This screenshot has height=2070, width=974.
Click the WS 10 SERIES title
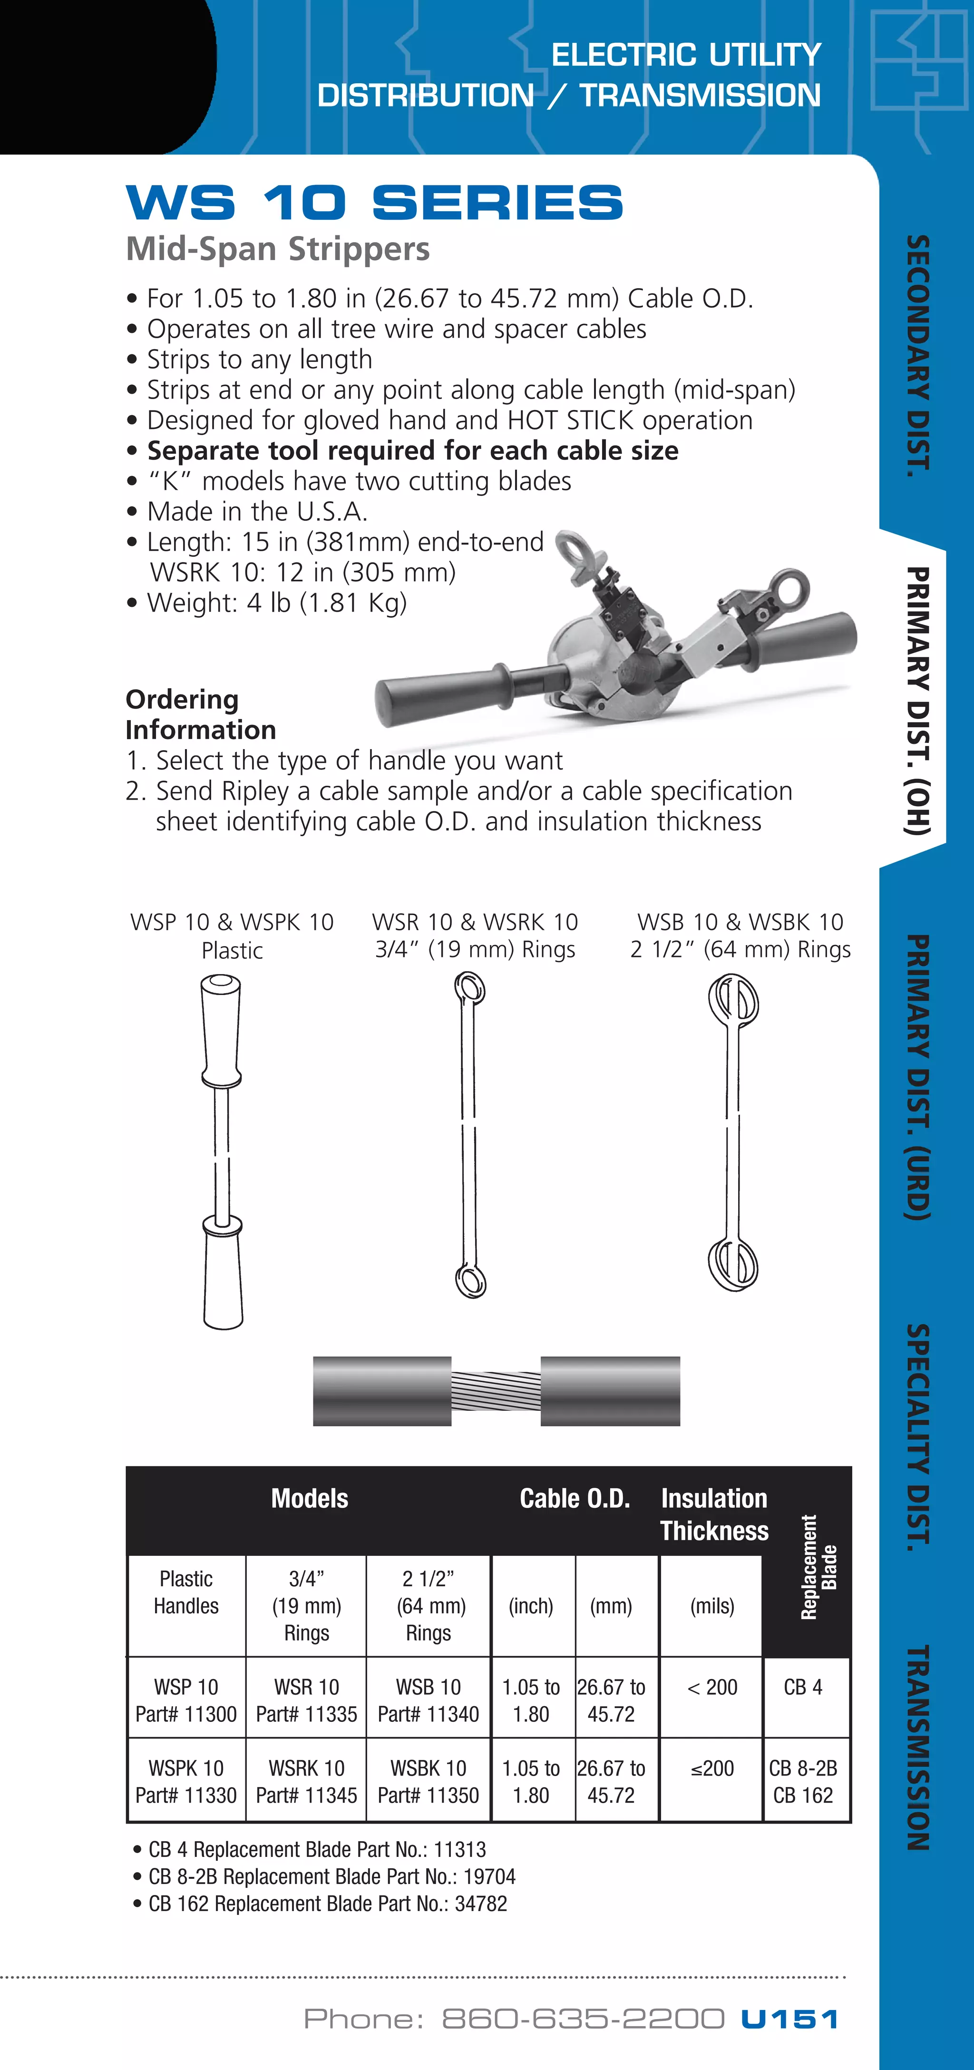(374, 203)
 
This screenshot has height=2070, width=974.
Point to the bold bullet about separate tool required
(412, 451)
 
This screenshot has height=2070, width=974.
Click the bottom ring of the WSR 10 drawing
(471, 1279)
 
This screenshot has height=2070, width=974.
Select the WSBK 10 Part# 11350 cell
(429, 1781)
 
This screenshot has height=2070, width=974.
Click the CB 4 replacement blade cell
(803, 1687)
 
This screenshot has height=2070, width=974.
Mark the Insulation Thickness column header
(714, 1514)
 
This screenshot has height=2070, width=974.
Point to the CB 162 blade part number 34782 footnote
(327, 1904)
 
